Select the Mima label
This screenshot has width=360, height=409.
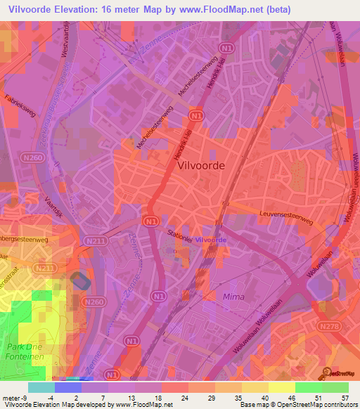[233, 297]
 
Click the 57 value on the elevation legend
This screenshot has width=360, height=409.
[345, 397]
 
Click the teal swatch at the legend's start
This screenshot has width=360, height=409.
[42, 387]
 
